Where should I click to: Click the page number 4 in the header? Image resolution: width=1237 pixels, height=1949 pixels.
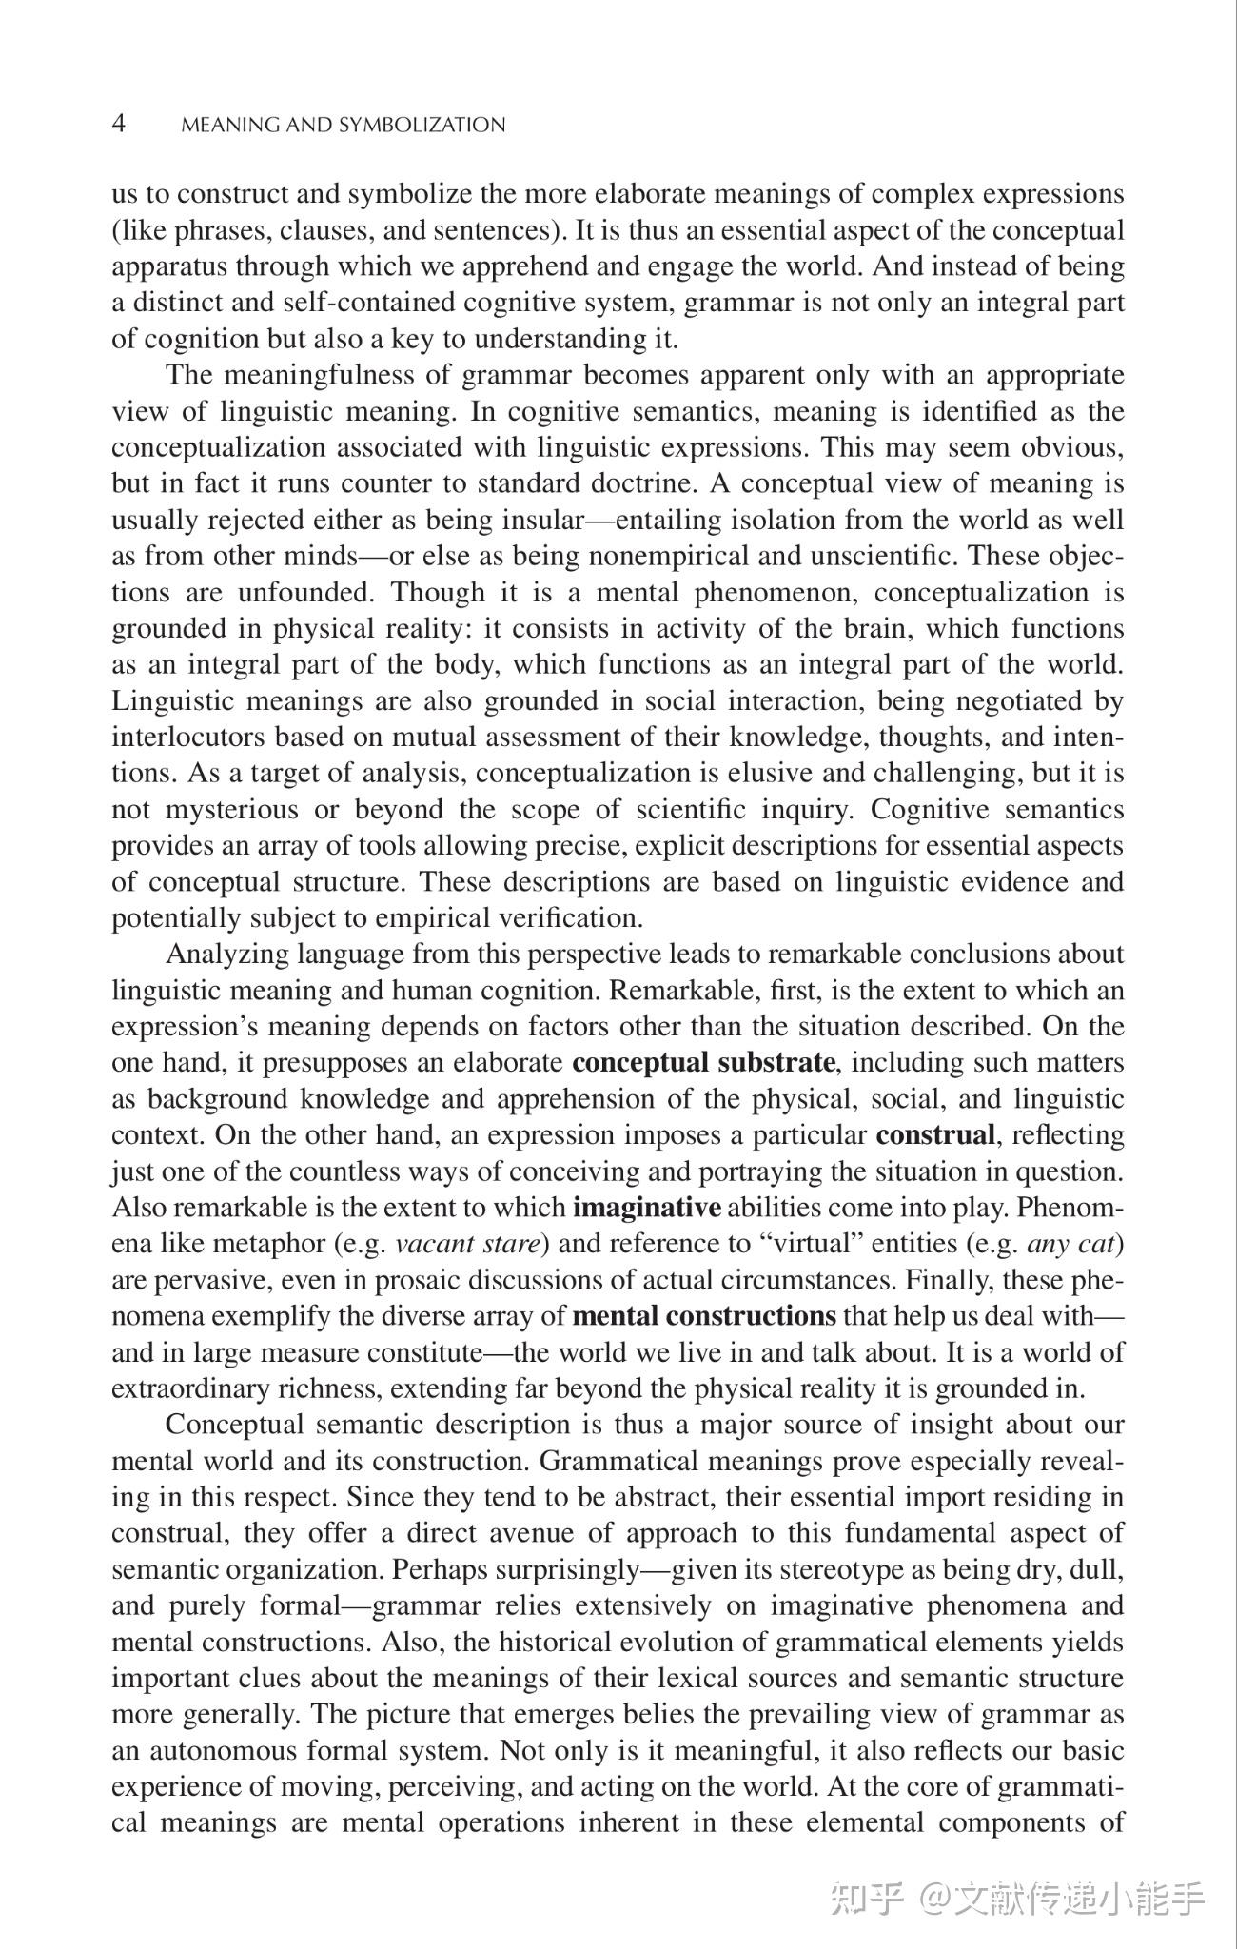tap(119, 124)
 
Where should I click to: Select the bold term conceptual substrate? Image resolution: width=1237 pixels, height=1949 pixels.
tap(703, 1062)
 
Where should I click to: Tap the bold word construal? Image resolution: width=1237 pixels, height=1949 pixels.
tap(935, 1134)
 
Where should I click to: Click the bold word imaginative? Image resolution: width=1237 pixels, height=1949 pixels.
tap(647, 1208)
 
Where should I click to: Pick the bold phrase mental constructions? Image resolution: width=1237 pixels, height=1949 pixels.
tap(705, 1316)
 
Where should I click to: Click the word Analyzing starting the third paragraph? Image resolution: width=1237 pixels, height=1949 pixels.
tap(226, 954)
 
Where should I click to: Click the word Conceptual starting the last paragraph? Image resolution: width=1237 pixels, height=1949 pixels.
tap(233, 1425)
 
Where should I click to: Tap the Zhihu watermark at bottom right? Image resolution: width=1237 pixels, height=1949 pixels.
tap(1018, 1898)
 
